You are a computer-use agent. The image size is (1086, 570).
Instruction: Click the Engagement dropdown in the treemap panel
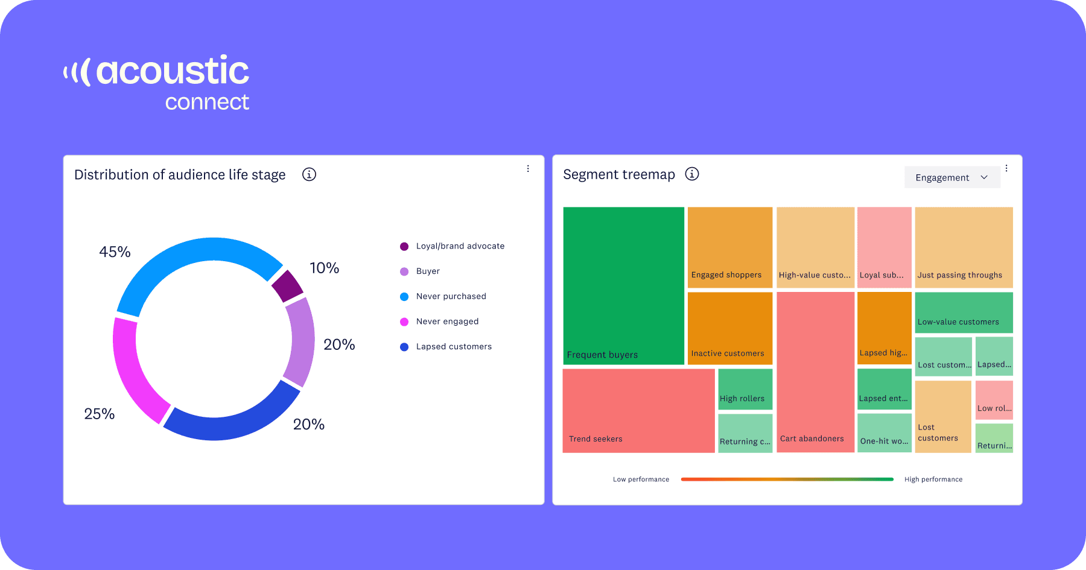(x=951, y=177)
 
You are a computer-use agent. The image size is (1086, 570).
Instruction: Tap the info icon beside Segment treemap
(x=692, y=174)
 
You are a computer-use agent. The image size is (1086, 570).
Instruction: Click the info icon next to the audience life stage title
(x=309, y=174)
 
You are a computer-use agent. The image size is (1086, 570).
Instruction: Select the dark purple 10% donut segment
(x=287, y=285)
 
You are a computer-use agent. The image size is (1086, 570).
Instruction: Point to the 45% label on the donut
(x=115, y=252)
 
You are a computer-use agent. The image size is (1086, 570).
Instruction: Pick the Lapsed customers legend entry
(x=454, y=347)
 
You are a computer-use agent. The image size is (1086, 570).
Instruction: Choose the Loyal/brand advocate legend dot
(x=404, y=246)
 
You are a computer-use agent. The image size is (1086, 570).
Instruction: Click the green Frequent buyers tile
(x=623, y=285)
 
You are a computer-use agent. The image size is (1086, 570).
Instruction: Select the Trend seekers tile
(x=638, y=410)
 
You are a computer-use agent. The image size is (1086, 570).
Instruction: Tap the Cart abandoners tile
(x=815, y=371)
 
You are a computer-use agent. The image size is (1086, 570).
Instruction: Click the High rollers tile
(x=745, y=389)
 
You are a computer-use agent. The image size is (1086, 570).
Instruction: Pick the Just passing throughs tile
(x=964, y=247)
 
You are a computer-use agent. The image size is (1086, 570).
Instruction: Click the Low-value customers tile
(x=964, y=312)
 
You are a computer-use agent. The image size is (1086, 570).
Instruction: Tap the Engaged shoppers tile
(x=729, y=247)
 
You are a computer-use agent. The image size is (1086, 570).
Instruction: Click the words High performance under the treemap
(x=933, y=480)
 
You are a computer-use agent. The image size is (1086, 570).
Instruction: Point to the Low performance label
(x=641, y=480)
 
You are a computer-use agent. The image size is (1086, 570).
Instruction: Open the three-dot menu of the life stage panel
(x=528, y=169)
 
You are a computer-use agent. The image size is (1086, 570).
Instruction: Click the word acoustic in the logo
(x=172, y=71)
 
